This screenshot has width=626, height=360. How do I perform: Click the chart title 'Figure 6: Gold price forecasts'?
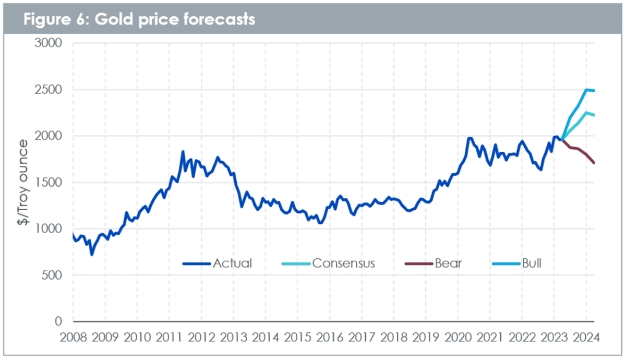(x=139, y=19)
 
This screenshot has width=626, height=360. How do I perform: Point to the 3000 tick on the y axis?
(x=48, y=43)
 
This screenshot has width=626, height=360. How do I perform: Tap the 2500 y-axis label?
(x=48, y=90)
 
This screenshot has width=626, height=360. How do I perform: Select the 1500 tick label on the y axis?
(x=48, y=183)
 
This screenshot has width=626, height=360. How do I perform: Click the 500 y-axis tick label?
(x=52, y=275)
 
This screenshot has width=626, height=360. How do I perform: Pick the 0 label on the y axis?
(x=58, y=321)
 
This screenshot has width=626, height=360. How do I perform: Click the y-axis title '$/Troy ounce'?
(x=23, y=182)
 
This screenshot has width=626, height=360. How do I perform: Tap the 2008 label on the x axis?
(x=73, y=338)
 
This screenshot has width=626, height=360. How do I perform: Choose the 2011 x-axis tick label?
(x=170, y=338)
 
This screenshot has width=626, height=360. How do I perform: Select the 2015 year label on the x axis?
(x=298, y=338)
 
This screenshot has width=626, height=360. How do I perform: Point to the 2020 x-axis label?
(x=458, y=338)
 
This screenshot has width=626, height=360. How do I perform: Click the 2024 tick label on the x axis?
(x=586, y=338)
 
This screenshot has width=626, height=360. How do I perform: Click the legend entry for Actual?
(x=218, y=263)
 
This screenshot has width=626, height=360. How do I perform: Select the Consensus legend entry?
(x=328, y=263)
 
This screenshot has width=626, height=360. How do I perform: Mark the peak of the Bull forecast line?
(x=586, y=90)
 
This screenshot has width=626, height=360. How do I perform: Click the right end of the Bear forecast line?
(x=594, y=163)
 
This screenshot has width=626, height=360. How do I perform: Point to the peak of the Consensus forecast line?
(x=586, y=113)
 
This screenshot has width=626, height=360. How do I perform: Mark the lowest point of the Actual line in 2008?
(x=92, y=255)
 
